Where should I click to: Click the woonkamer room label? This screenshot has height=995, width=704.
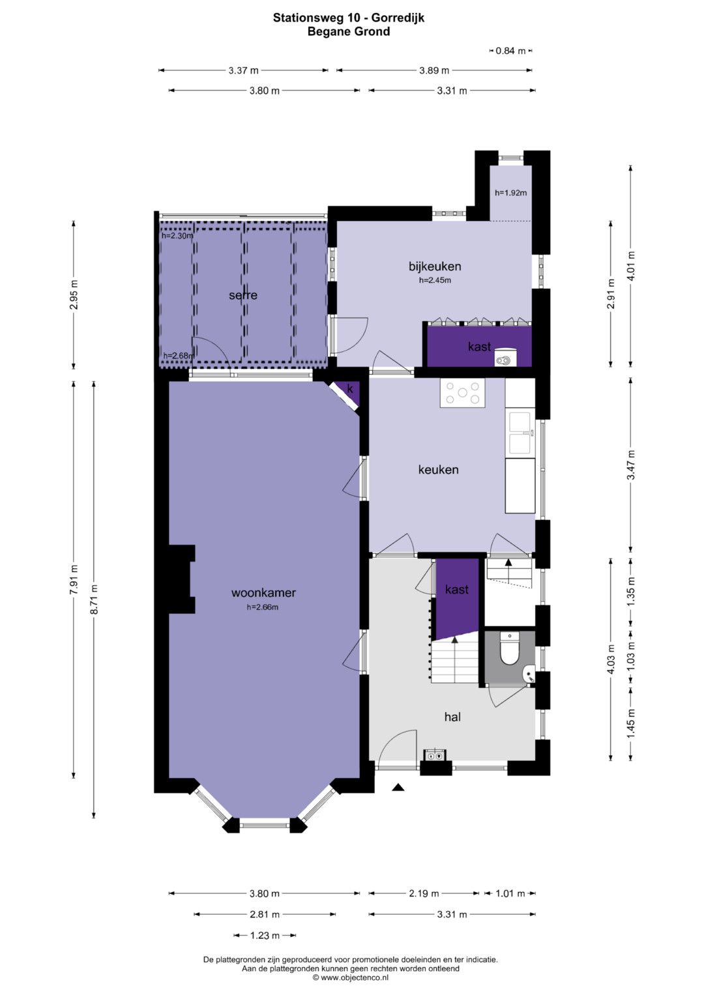coord(263,592)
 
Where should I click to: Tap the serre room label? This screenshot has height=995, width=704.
coord(243,295)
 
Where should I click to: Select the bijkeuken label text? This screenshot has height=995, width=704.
coord(435,266)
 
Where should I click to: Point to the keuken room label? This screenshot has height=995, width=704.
coord(438,470)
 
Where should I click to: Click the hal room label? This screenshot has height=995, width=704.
coord(452,717)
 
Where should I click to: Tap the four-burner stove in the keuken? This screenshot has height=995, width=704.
coord(462,393)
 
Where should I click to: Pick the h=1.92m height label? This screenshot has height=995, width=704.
coord(510,193)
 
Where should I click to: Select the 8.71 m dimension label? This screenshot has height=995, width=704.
coord(94,599)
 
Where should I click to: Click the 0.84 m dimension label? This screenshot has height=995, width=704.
coord(510,51)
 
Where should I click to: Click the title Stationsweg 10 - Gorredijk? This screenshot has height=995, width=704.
coord(349,18)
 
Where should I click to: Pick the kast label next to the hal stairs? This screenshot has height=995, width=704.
coord(457,590)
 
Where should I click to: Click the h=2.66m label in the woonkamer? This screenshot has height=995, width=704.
coord(263,607)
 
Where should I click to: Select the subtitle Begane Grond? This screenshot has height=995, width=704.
coord(349,31)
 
